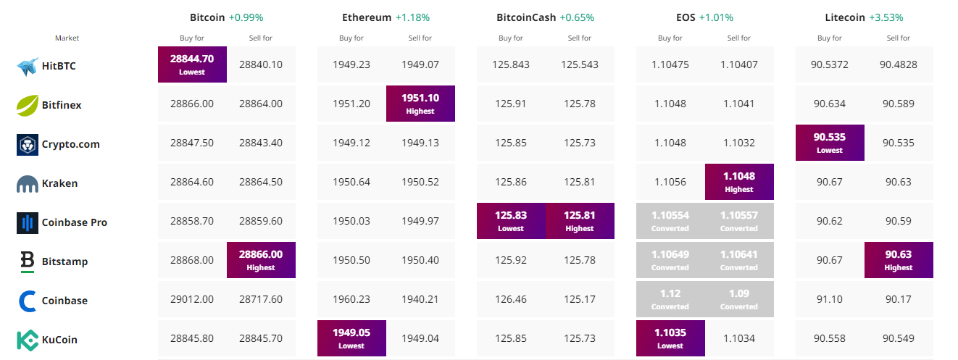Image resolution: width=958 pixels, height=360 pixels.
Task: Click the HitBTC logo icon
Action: (28, 66)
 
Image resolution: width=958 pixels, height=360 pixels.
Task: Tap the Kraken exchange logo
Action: (28, 184)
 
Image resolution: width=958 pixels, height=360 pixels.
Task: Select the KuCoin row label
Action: (59, 340)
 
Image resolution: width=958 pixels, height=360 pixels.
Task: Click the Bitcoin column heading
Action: (207, 17)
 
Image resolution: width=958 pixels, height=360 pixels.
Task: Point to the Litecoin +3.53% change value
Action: (886, 17)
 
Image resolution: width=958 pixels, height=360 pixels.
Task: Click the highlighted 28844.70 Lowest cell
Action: (192, 64)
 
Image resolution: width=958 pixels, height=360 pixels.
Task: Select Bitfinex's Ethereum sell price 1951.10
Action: (420, 104)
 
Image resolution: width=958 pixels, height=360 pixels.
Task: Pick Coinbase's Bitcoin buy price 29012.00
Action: (192, 299)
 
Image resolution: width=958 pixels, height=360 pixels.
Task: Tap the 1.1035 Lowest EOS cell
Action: (670, 338)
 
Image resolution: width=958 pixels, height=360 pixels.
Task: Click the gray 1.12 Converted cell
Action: (670, 299)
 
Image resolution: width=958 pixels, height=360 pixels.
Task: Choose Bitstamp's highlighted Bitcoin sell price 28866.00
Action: (261, 260)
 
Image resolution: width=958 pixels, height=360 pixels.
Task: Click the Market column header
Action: (67, 38)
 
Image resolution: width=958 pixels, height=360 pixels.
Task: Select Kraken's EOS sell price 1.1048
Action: (739, 182)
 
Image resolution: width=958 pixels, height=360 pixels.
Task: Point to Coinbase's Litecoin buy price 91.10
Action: (830, 299)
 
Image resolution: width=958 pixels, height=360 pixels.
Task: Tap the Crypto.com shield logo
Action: (28, 145)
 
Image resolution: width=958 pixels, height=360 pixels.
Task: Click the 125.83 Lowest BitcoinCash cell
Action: (511, 221)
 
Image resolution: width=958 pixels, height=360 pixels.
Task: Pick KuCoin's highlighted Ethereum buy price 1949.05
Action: (351, 338)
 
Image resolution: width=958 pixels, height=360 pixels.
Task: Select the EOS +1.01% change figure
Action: (716, 17)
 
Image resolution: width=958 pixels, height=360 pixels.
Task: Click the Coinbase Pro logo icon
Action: (28, 223)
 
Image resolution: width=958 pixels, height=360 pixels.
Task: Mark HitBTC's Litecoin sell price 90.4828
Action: (899, 64)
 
